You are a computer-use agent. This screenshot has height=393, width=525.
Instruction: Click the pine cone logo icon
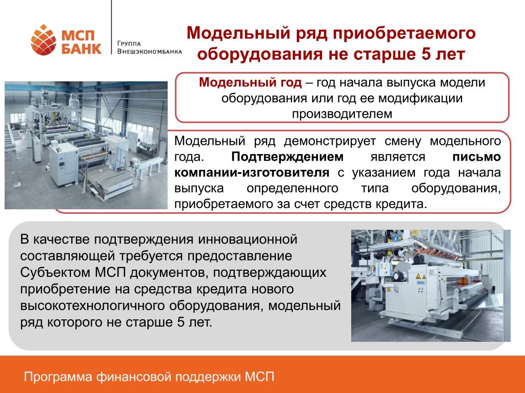44,40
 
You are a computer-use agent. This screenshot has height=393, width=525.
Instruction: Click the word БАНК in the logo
82,49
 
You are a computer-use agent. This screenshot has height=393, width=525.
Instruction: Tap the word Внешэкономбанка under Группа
150,52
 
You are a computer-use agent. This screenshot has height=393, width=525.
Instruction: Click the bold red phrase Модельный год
250,82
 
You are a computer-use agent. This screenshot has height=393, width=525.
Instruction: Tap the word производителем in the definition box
342,114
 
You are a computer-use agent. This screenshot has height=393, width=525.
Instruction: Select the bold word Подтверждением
287,157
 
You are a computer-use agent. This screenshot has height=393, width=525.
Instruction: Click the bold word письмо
476,157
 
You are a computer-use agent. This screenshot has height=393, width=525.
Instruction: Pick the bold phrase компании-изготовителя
252,172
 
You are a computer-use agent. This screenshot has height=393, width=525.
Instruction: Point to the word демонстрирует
330,141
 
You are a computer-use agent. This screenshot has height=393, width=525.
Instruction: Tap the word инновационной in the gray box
248,239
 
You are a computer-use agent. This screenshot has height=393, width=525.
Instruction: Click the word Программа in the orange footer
58,377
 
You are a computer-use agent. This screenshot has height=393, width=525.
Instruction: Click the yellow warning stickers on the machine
420,277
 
